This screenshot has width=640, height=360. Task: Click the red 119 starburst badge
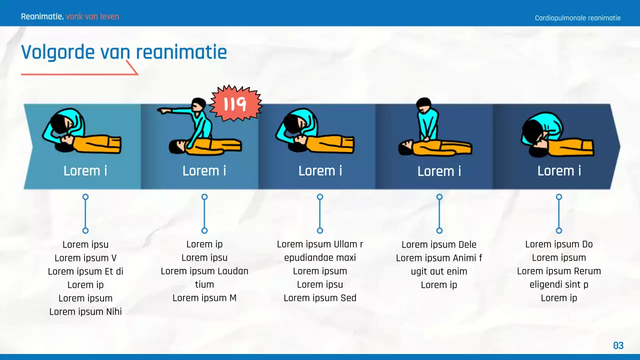coord(235,104)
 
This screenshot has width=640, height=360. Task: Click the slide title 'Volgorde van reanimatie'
coord(123,52)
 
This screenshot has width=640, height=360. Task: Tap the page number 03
coord(618,345)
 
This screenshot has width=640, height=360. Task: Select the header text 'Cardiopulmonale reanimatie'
coord(577,18)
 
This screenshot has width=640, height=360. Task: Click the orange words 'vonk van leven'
coord(92,16)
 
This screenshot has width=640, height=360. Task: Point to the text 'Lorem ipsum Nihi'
coord(85,311)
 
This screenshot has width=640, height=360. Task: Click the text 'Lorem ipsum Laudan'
coord(204,271)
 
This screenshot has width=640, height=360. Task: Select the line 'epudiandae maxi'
coord(320,257)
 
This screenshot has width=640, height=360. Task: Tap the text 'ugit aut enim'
coord(439,271)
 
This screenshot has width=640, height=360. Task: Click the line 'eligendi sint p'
coord(559,284)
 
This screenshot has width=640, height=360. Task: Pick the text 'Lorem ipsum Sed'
coord(320,298)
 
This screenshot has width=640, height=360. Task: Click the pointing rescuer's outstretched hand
coord(161,110)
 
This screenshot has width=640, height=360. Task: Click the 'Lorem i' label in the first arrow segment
coord(85,171)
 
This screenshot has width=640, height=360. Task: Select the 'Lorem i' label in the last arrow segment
coord(559,171)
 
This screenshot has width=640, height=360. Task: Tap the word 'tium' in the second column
coord(204,284)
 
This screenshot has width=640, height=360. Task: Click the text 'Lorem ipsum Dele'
coord(439,244)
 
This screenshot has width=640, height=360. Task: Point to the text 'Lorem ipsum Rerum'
coord(559,271)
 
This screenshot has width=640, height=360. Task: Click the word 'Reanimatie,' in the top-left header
coord(42,16)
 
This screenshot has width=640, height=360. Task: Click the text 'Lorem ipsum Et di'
coord(85,271)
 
